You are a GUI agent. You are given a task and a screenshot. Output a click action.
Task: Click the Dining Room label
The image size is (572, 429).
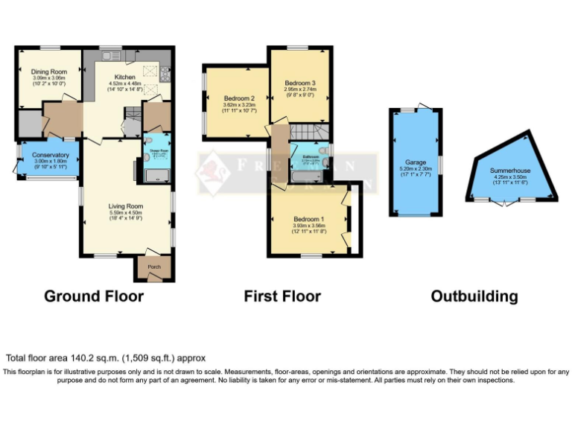click(44, 71)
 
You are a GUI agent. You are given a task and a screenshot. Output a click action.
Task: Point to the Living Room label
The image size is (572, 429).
click(125, 206)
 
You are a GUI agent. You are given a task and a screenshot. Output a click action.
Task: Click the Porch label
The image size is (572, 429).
click(154, 267)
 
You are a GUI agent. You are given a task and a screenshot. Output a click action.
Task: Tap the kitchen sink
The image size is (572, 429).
click(112, 55)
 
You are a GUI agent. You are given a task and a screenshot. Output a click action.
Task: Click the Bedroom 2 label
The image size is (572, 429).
click(239, 98)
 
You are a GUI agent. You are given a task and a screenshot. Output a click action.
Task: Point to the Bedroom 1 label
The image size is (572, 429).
click(307, 219)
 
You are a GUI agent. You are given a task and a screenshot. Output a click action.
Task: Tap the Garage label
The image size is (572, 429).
click(415, 162)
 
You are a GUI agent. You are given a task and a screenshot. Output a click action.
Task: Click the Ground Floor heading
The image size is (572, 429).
click(94, 296)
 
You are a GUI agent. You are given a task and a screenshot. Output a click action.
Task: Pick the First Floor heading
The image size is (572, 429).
click(282, 296)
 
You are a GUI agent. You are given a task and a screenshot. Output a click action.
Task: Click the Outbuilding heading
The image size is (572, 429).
click(474, 296)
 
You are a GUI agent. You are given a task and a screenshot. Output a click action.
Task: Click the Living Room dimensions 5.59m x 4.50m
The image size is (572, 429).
click(125, 212)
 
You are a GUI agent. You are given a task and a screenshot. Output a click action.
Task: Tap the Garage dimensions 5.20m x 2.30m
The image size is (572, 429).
click(415, 168)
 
